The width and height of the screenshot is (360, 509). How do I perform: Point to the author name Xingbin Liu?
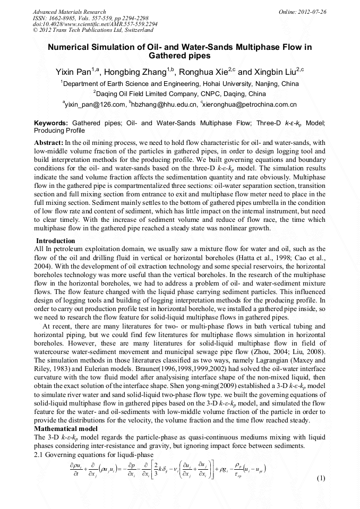coord(274,72)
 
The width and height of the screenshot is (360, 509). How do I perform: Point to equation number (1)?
coord(320,478)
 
